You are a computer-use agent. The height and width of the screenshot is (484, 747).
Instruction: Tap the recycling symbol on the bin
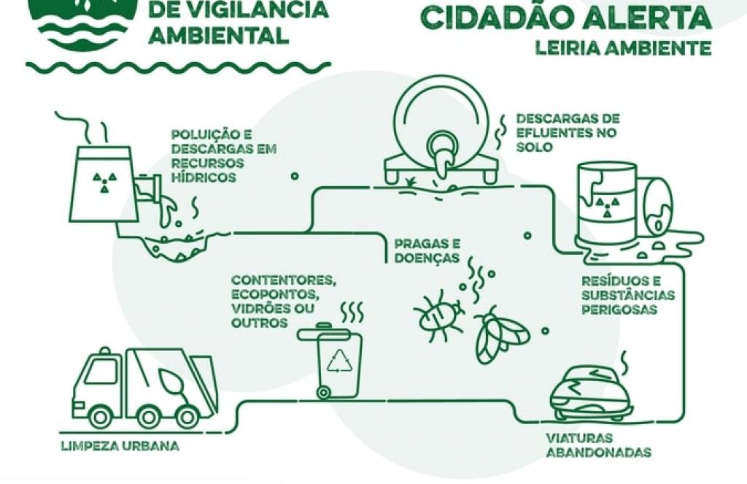point(339,360)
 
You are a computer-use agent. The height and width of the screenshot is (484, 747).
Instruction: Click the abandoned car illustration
point(590,395)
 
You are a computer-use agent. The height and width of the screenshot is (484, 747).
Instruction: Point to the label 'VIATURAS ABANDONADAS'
point(597,445)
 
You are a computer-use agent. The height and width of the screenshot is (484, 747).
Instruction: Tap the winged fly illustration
point(500,335)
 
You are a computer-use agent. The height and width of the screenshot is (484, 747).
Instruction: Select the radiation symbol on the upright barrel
point(605,207)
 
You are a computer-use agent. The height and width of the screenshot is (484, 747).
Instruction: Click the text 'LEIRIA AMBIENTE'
point(623,49)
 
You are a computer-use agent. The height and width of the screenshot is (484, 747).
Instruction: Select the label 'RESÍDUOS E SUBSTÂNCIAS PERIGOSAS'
point(627,295)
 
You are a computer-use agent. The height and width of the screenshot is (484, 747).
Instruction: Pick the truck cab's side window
point(101,372)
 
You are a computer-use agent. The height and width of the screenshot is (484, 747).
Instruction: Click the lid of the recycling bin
point(330,333)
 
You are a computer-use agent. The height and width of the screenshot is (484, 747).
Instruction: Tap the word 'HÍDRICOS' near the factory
point(204,177)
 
